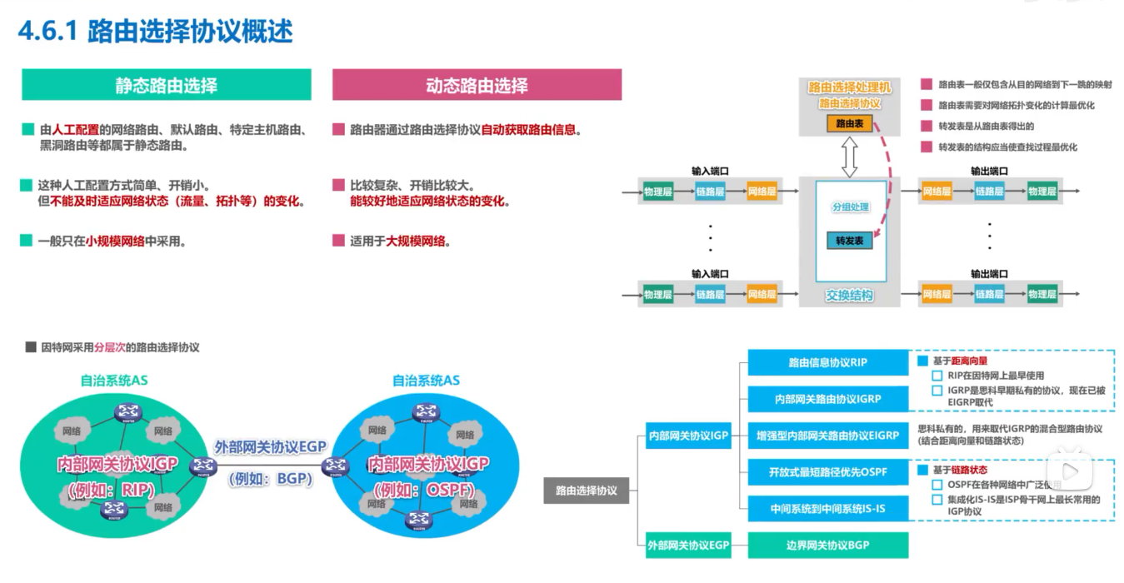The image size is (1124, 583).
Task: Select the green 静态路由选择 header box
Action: [x=166, y=85]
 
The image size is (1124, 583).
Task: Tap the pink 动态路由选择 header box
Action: [x=477, y=85]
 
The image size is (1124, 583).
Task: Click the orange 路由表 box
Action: [x=849, y=123]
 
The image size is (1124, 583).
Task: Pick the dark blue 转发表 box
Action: [x=849, y=241]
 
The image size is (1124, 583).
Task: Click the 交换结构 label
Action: [x=849, y=295]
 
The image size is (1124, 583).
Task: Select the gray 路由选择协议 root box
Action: [x=587, y=491]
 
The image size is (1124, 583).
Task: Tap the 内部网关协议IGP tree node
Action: [x=689, y=435]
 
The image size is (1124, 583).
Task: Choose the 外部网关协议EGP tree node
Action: [x=689, y=546]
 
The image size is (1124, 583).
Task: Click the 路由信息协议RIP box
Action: [x=827, y=362]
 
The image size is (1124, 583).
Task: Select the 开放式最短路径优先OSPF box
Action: [x=827, y=472]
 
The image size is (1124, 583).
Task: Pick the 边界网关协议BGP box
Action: [x=827, y=546]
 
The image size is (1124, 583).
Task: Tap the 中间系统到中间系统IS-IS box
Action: [x=827, y=507]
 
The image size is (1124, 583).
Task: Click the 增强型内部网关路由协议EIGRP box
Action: [x=827, y=435]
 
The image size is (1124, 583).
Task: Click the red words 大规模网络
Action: [x=417, y=242]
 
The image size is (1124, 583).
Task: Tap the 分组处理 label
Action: [x=849, y=207]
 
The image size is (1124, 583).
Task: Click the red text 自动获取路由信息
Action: [x=530, y=130]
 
